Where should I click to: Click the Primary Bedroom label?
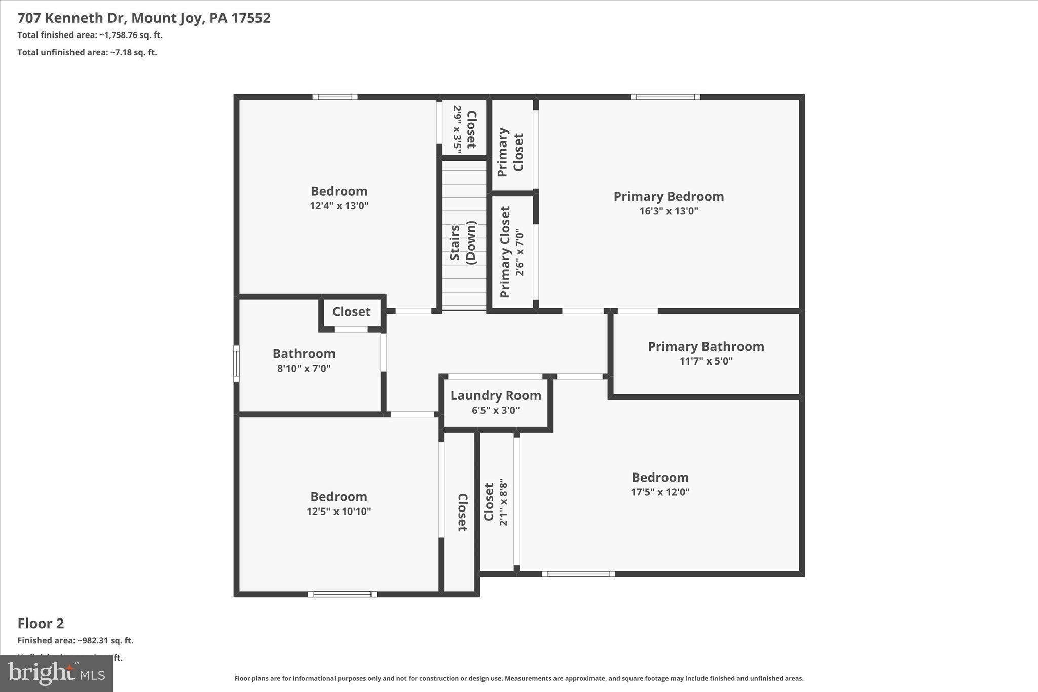pos(669,196)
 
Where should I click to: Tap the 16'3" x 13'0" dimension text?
pos(669,211)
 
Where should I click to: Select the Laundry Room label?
pos(496,395)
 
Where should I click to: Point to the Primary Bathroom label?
pos(706,346)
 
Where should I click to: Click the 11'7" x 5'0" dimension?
pos(706,361)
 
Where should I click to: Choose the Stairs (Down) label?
pos(463,243)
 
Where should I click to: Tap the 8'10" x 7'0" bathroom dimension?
pos(304,368)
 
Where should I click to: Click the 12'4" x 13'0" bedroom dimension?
pos(339,206)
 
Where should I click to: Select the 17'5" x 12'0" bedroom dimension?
pos(660,492)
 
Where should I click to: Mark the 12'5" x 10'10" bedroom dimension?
pos(339,511)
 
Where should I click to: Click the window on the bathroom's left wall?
pos(236,363)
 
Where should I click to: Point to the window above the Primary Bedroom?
pos(665,97)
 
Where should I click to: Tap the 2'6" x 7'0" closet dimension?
pos(520,252)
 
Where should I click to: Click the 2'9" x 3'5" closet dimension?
pos(457,129)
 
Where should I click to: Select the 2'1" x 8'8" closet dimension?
pos(503,501)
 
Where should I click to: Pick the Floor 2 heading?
pos(41,623)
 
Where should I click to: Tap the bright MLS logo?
pos(56,673)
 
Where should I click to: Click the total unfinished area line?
pos(87,52)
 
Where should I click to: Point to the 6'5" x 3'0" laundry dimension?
pos(496,410)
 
